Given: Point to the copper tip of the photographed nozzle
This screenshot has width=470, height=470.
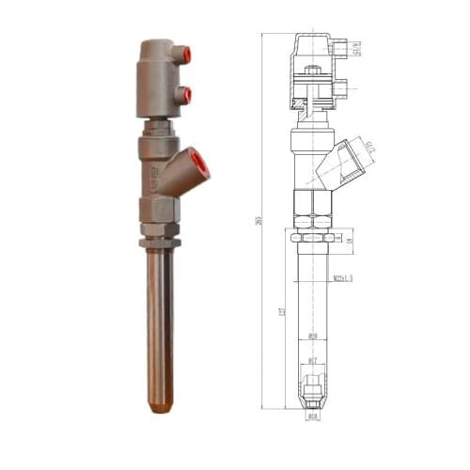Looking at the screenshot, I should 160,409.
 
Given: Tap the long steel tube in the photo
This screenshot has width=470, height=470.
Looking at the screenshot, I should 160,320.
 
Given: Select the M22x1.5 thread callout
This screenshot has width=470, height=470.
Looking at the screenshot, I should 344,278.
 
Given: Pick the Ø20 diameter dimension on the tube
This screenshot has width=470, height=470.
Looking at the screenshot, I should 313,336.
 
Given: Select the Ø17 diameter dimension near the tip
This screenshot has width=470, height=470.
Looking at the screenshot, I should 313,361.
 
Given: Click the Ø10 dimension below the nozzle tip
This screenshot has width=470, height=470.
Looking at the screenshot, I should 313,415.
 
